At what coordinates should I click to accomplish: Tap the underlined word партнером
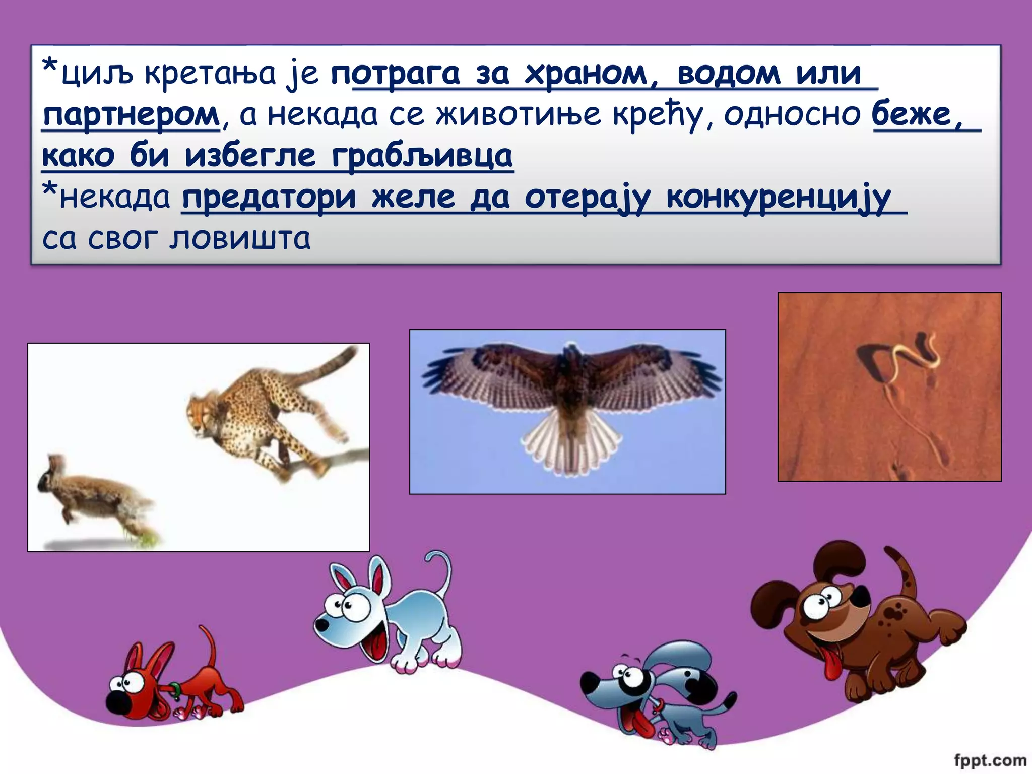(131, 115)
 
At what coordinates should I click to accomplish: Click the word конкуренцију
(779, 198)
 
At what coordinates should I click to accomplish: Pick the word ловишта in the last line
(240, 239)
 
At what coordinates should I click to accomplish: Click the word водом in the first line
(729, 74)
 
